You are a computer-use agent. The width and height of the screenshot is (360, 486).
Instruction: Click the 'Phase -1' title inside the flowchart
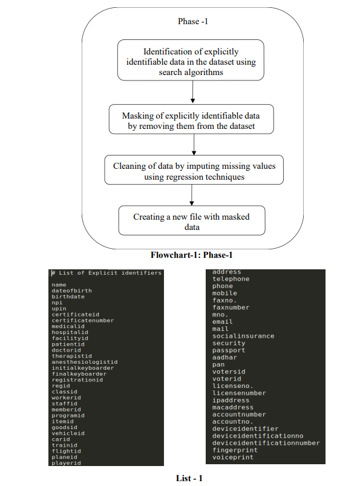(191, 21)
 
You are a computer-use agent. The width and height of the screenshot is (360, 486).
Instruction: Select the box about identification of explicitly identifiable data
(191, 61)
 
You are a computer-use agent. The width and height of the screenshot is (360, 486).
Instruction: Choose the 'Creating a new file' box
(191, 221)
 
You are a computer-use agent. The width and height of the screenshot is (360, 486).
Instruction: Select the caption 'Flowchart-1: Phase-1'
(191, 255)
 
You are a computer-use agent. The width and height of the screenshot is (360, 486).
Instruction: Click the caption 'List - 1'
(189, 478)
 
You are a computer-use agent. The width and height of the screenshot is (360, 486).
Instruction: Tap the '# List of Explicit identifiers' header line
(106, 273)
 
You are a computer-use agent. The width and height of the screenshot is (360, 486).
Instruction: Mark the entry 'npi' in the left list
(57, 303)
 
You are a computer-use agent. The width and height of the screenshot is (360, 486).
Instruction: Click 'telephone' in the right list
(231, 279)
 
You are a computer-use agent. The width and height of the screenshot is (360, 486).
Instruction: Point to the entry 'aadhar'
(224, 357)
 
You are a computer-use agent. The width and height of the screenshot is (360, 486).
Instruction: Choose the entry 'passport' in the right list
(229, 350)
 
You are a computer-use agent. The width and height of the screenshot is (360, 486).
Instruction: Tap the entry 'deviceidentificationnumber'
(266, 443)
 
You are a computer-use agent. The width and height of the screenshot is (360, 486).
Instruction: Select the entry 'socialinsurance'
(243, 336)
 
